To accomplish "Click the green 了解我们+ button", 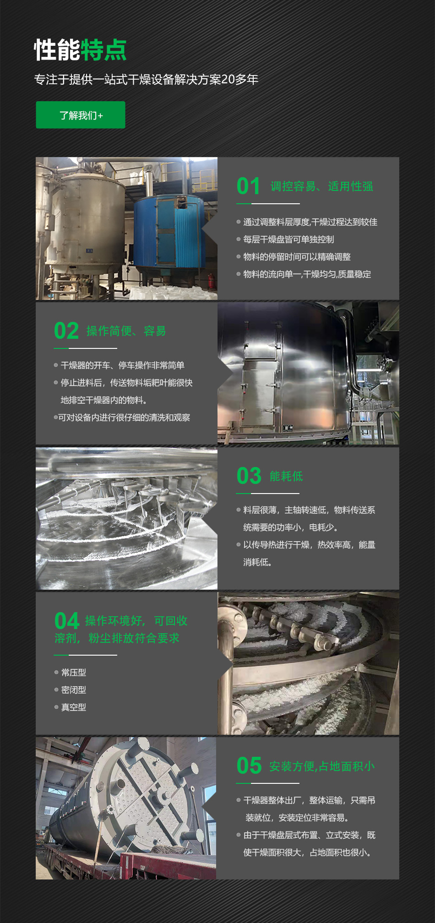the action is click(x=81, y=115).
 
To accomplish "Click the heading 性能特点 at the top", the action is click(x=80, y=49).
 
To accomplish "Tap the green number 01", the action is click(x=249, y=186).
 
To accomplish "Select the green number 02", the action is click(x=66, y=331).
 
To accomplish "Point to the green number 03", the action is click(x=249, y=476).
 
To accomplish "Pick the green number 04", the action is click(x=67, y=621).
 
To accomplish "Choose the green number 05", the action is click(x=249, y=766).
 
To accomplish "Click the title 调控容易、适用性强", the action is click(x=321, y=186).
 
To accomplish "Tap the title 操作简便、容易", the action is click(x=126, y=331).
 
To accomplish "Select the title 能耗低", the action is click(x=286, y=476).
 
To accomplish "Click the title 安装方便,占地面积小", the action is click(x=322, y=766).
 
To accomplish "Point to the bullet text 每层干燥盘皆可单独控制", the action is click(x=288, y=239).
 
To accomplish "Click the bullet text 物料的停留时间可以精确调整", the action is click(x=297, y=257).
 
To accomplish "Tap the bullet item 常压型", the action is click(x=74, y=673).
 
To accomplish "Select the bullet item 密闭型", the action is click(x=74, y=690).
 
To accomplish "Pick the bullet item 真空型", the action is click(x=74, y=707).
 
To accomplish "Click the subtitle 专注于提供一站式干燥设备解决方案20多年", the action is click(x=146, y=79).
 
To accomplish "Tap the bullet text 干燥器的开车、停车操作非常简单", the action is click(x=122, y=365).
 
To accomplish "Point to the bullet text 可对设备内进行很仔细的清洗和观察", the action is click(x=124, y=418).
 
